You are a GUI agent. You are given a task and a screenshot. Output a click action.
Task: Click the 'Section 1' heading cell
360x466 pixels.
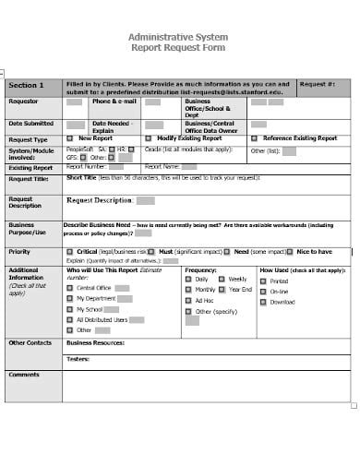click(26, 85)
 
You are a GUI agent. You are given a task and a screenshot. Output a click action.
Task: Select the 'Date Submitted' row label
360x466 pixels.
click(28, 123)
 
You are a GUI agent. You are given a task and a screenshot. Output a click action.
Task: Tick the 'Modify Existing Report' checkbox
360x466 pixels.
click(148, 137)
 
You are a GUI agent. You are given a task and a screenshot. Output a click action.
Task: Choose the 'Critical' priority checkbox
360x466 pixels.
click(70, 251)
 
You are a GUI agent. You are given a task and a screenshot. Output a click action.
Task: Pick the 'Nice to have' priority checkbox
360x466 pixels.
click(290, 251)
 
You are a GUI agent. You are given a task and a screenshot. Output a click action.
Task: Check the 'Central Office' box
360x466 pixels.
click(70, 288)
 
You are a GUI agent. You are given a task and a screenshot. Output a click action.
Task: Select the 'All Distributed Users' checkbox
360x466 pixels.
click(70, 318)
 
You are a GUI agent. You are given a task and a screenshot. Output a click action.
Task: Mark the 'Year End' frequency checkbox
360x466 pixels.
click(222, 289)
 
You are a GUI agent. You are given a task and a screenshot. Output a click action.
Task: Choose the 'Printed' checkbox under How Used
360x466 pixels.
click(263, 281)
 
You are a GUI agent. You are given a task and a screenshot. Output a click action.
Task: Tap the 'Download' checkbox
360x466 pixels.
click(263, 302)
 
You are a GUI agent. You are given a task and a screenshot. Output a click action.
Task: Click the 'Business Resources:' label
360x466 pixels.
click(96, 342)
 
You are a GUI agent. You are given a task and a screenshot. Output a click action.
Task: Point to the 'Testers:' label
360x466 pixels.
click(78, 359)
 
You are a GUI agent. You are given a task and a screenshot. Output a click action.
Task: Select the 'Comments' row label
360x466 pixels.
click(24, 375)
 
